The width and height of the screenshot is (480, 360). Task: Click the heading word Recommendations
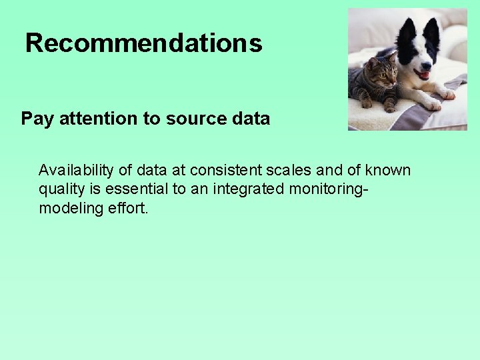[143, 43]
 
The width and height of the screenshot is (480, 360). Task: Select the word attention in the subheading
[99, 119]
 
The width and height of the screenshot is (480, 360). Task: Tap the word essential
[139, 189]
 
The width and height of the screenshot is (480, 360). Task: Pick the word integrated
[247, 189]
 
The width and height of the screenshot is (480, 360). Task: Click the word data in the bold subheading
[253, 119]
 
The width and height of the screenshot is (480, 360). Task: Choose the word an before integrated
[199, 189]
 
